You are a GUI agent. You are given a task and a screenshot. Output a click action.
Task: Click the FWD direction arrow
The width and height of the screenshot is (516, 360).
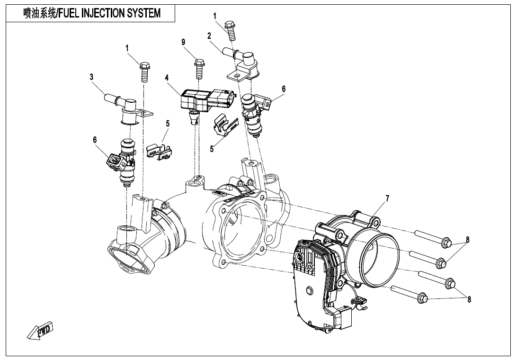click(40, 331)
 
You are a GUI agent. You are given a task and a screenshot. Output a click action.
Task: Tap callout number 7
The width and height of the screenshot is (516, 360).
click(387, 198)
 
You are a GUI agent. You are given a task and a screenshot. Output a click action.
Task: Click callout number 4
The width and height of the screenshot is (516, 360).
click(167, 77)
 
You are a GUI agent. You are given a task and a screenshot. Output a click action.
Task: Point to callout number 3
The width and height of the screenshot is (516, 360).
click(91, 76)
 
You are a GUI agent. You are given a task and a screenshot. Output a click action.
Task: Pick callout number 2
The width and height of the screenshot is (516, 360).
click(209, 36)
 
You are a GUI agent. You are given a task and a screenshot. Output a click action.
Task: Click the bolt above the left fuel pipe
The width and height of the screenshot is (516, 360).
click(144, 72)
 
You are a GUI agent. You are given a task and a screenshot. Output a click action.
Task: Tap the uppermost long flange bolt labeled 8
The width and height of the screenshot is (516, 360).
click(433, 238)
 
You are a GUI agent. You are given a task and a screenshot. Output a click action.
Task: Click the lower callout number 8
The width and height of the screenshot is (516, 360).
click(469, 299)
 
